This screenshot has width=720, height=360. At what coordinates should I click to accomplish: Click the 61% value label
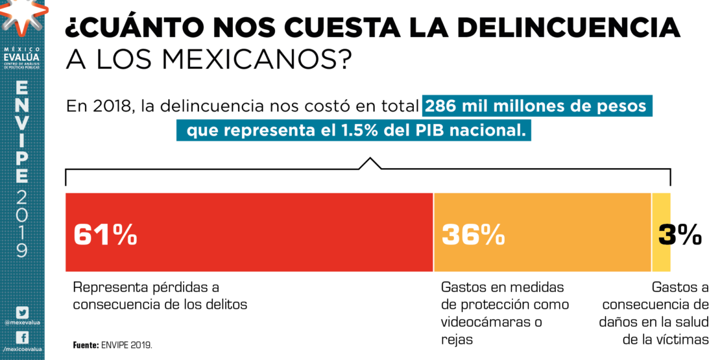pos(105,235)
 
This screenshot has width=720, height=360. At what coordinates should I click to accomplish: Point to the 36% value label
pos(473,235)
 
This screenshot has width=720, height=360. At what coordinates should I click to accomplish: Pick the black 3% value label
pos(680,235)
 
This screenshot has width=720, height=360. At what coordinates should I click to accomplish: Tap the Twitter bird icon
pos(22,313)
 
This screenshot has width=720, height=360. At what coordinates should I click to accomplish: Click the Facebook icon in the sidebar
pos(22,338)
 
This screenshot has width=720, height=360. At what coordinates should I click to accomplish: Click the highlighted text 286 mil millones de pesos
pos(536,106)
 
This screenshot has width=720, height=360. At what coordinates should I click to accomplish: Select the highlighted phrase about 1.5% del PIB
pos(354,130)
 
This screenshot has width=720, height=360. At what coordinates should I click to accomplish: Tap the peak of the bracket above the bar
pos(370,159)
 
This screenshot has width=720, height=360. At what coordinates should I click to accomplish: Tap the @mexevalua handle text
pos(22,322)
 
